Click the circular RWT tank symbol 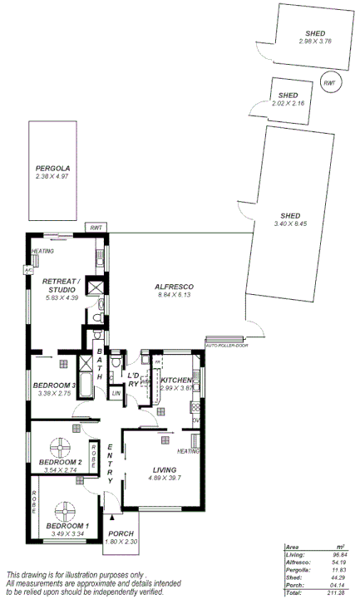(x=330, y=83)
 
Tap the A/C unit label (x=27, y=270)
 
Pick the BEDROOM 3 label (x=55, y=385)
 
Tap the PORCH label (x=121, y=534)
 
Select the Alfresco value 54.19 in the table (x=337, y=562)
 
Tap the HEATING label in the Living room (x=188, y=451)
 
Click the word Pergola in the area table (x=297, y=570)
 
